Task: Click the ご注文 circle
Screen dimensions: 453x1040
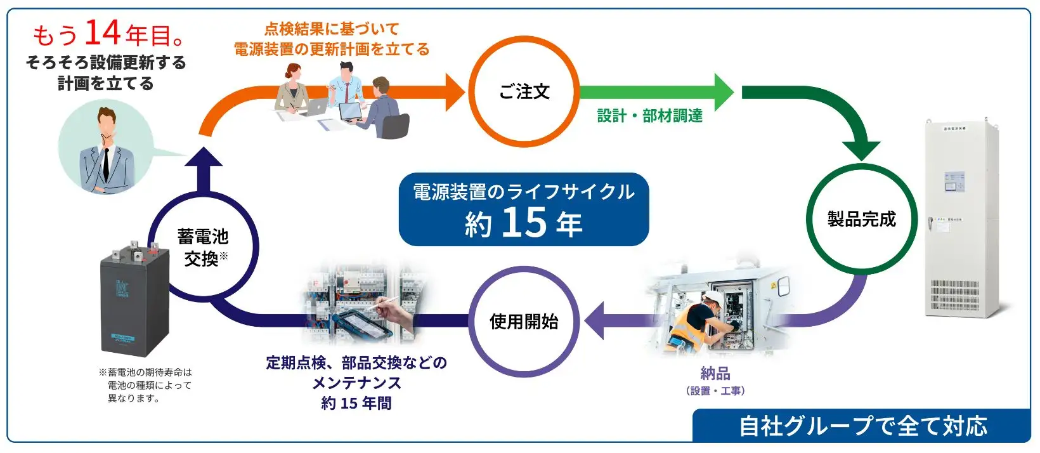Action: tap(523, 91)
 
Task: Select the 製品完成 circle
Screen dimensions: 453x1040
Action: tap(861, 219)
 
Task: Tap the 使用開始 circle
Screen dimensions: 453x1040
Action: tap(523, 322)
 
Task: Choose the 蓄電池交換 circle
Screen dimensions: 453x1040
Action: tap(203, 247)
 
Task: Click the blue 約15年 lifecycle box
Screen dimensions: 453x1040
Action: tap(523, 209)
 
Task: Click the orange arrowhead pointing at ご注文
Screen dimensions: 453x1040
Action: tap(455, 92)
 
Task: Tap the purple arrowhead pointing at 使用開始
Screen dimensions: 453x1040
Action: tap(594, 321)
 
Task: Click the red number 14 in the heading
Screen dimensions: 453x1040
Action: tap(102, 33)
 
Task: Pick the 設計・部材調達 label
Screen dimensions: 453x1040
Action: tap(649, 116)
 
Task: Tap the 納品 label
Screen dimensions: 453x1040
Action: tap(715, 374)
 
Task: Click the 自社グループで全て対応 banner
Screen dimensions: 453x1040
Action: tap(862, 426)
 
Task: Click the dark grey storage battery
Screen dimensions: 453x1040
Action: tap(136, 301)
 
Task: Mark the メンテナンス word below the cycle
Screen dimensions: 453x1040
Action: tap(356, 383)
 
